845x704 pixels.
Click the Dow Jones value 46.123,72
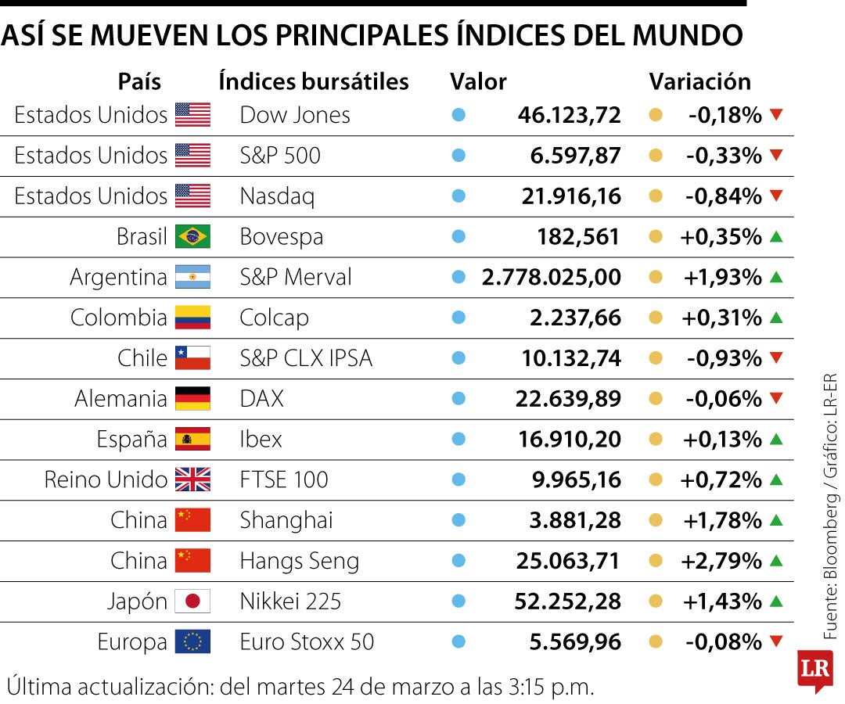point(569,115)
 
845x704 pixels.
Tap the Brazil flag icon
point(192,236)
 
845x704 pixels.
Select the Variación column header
point(699,81)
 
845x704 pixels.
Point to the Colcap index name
point(274,318)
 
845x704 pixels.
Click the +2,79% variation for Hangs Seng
point(721,561)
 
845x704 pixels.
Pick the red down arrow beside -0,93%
point(776,358)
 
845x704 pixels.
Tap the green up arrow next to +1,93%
point(776,277)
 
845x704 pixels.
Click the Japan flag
point(192,602)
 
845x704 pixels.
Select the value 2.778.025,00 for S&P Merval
point(552,277)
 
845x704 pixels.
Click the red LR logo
point(814,669)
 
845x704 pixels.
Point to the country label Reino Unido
point(106,480)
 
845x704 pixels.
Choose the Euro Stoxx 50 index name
point(307,642)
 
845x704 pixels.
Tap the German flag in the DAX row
point(192,399)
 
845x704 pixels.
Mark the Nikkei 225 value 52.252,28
point(567,602)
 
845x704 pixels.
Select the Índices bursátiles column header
point(314,81)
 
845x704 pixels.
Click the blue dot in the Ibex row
point(459,439)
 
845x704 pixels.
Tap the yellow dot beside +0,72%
point(656,480)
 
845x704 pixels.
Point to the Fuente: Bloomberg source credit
point(830,532)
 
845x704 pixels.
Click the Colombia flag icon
point(192,318)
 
